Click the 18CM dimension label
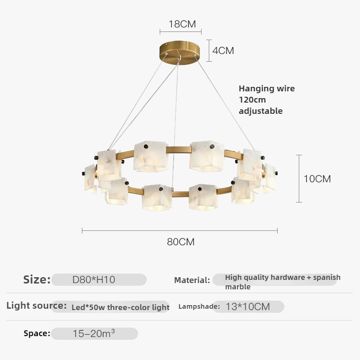point(182,24)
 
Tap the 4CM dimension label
point(223,50)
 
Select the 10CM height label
point(317,179)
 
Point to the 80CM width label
point(181,242)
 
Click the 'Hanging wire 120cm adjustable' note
point(266,99)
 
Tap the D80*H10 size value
point(94,279)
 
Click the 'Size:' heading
point(37,279)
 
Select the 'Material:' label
point(192,280)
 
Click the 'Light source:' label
point(36,306)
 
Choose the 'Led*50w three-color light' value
point(121,307)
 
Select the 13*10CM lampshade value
point(248,307)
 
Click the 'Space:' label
point(37,333)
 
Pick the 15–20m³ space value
point(94,333)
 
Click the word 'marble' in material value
point(238,287)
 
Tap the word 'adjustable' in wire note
point(261,111)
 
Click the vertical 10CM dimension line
point(299,178)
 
